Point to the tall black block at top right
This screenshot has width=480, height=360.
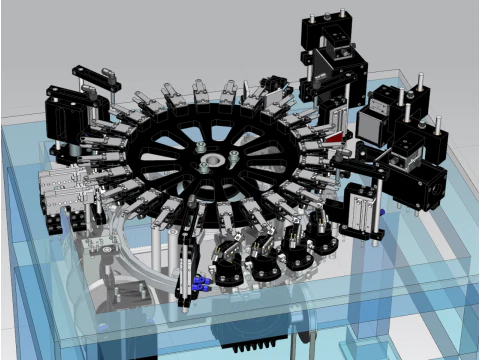coord(330,60)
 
